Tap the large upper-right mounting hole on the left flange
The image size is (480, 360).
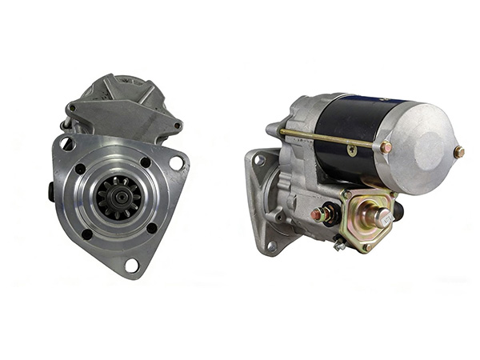(176, 163)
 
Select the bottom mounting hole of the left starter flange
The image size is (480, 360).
(131, 264)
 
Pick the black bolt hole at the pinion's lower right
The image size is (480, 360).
(152, 229)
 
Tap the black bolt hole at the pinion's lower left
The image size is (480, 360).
(86, 234)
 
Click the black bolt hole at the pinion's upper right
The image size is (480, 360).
(146, 162)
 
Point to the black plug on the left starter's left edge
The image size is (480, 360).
(52, 193)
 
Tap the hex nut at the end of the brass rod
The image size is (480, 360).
(386, 147)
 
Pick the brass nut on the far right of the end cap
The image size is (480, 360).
(458, 152)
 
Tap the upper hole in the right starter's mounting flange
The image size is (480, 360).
(259, 161)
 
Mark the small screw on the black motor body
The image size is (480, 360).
(352, 149)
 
